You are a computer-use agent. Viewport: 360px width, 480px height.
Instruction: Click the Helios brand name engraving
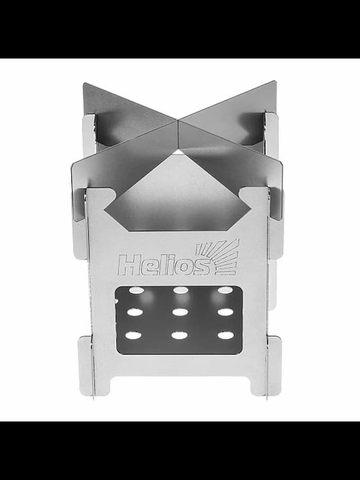pos(164,265)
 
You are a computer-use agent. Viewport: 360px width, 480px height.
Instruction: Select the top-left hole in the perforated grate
pos(136,290)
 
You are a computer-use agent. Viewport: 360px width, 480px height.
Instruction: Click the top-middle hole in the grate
pos(181,290)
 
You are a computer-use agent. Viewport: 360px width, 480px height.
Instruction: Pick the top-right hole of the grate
pos(225,290)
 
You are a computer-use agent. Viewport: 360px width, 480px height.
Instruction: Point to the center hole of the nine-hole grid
pos(180,312)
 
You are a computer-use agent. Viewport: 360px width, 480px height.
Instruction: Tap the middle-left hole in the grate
pos(135,312)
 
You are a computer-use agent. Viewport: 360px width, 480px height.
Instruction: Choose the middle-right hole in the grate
pos(226,312)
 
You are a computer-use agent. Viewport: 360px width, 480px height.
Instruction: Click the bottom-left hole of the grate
pos(133,335)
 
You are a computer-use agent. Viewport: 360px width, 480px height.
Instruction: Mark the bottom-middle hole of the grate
pos(179,335)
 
